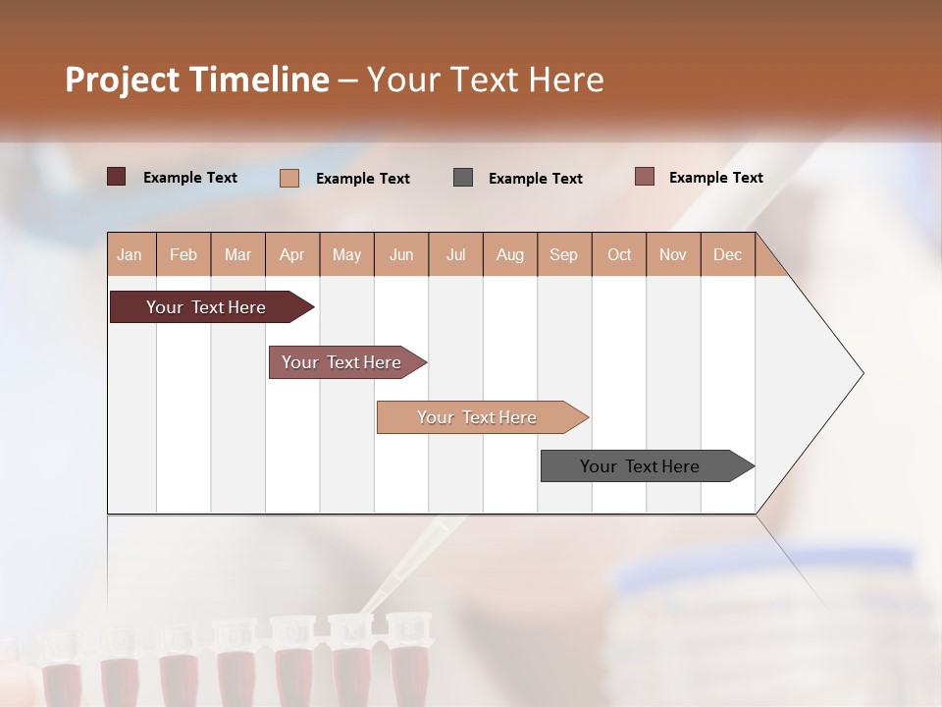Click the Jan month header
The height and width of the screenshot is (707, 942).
tap(131, 254)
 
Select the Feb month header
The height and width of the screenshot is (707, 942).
tap(183, 254)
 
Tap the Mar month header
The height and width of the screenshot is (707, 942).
tap(237, 254)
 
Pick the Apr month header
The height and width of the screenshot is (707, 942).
tap(292, 254)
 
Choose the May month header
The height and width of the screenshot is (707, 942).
tap(346, 254)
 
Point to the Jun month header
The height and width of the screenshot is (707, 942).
tap(401, 254)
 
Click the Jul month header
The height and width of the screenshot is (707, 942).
tap(455, 254)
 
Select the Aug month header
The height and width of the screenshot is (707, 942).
tap(510, 254)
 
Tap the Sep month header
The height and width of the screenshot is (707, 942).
tap(564, 254)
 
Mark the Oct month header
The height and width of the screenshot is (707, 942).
tap(619, 254)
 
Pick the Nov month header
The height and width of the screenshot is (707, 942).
tap(673, 254)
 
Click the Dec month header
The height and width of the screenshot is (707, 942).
tap(728, 254)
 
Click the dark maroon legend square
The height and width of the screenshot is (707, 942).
tap(117, 177)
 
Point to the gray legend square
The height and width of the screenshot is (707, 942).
tap(463, 177)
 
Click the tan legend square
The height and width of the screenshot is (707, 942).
tap(289, 178)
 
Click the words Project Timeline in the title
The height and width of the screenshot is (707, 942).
tap(197, 80)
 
